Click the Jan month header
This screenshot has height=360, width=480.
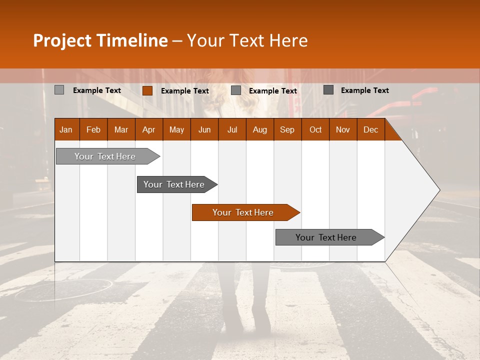[x=66, y=130]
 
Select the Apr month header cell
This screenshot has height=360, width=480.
[x=148, y=130]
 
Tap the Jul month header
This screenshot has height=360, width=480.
[x=232, y=130]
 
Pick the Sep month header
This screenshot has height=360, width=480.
[x=287, y=130]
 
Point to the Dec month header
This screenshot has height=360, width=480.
[x=370, y=130]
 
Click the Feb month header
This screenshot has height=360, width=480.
[x=93, y=130]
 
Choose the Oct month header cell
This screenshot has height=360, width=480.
[x=315, y=130]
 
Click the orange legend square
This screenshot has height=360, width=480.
[x=147, y=90]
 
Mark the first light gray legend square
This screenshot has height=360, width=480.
[x=59, y=90]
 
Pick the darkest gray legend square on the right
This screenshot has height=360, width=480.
[x=328, y=90]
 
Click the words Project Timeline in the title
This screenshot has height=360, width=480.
[x=100, y=40]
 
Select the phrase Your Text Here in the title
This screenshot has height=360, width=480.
[x=247, y=40]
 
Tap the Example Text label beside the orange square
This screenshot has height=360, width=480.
[x=185, y=91]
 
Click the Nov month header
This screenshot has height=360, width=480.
[x=342, y=130]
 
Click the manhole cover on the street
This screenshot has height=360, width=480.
[x=64, y=289]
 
